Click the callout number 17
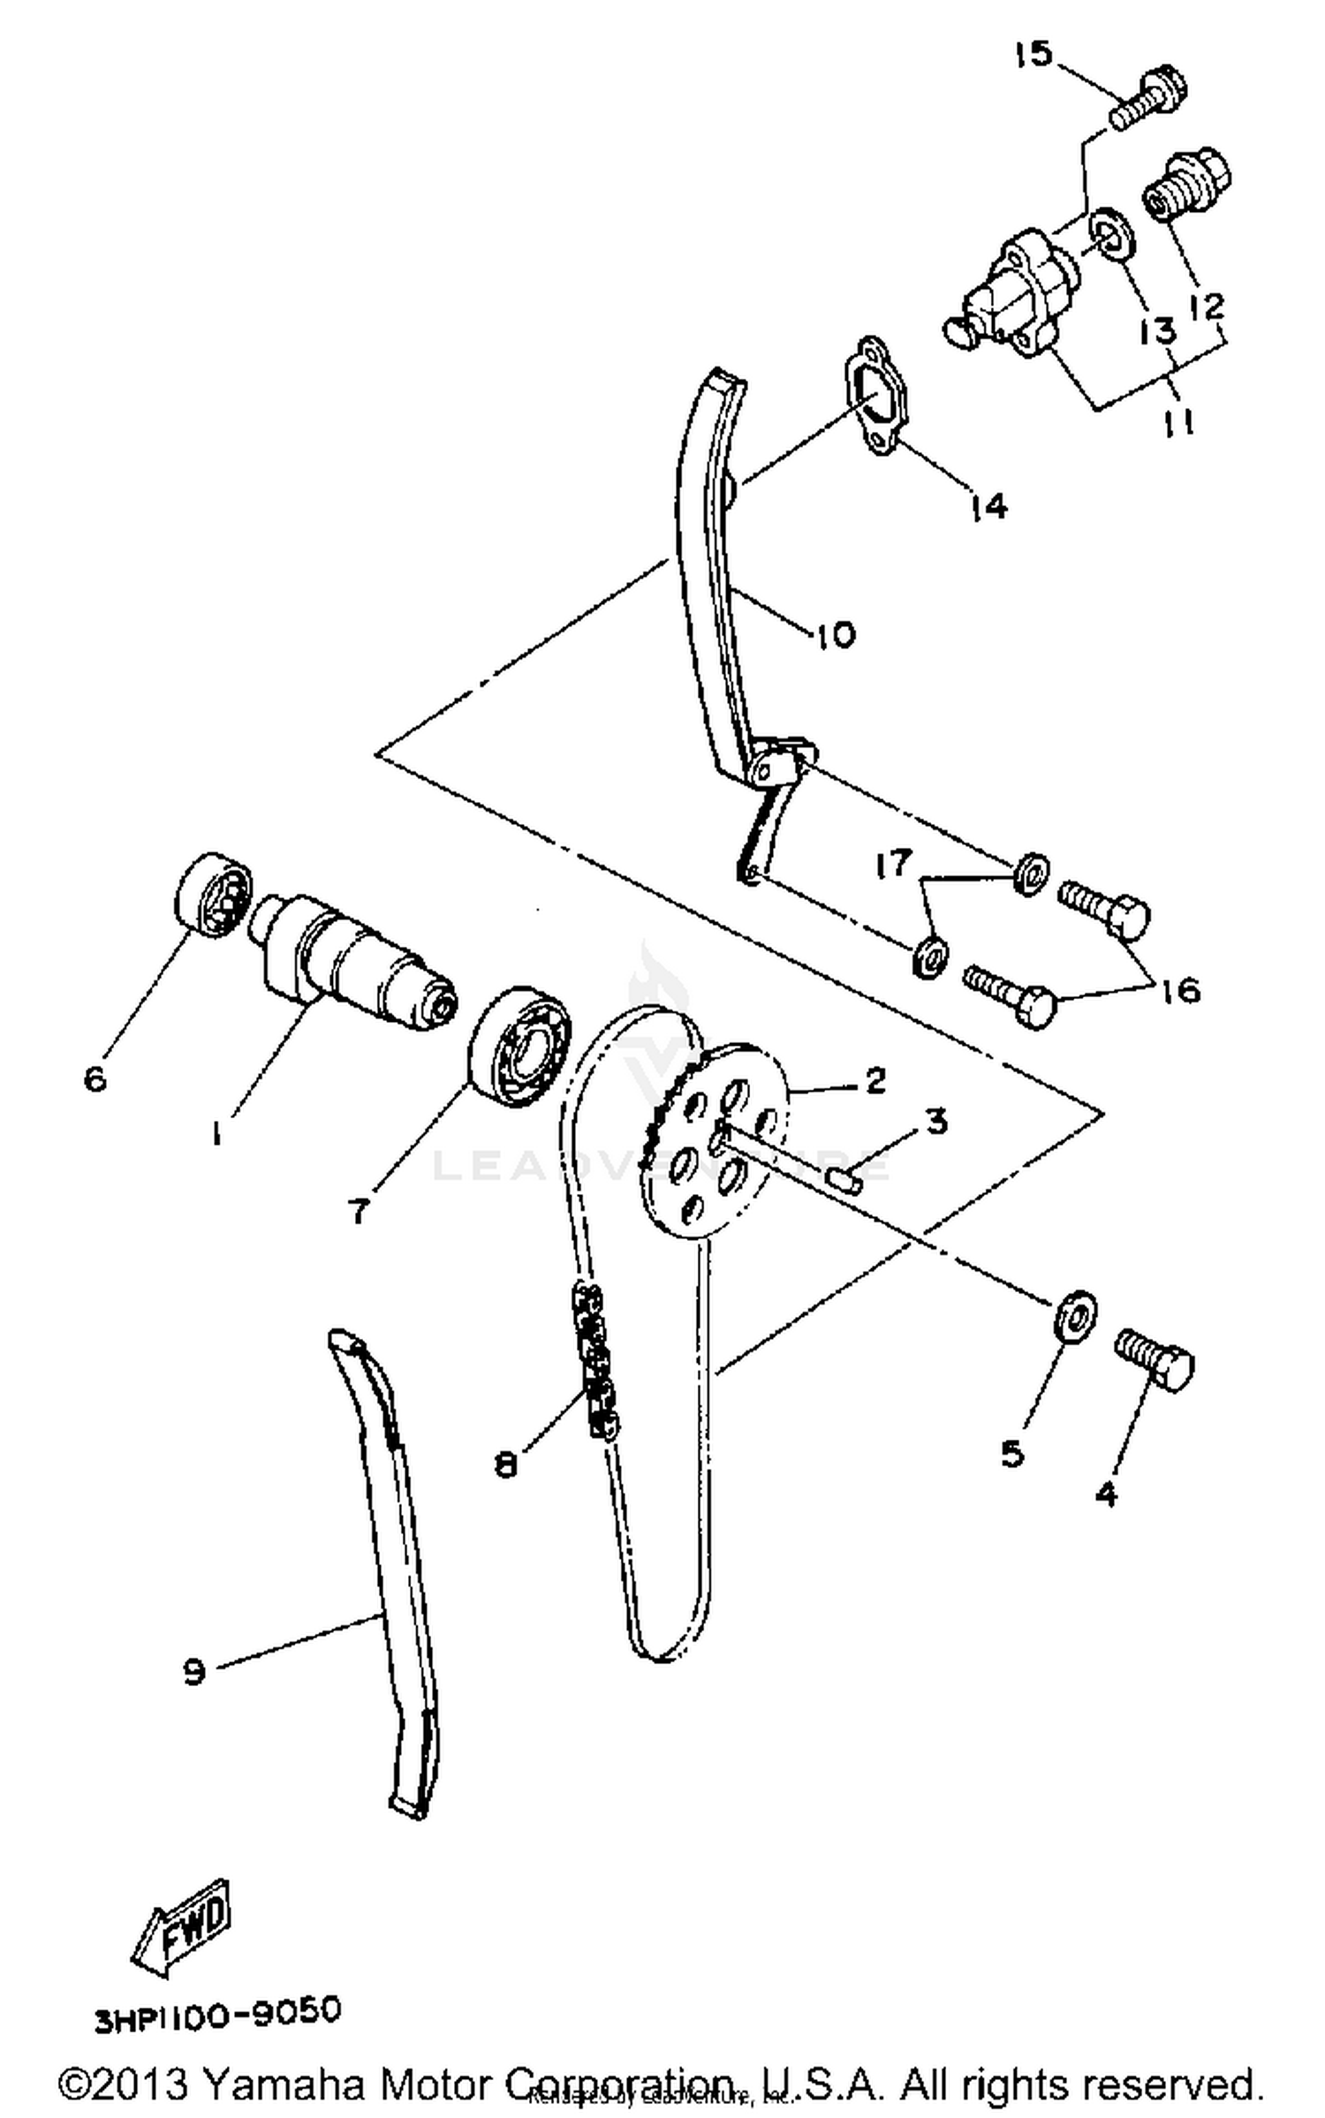click(893, 863)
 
